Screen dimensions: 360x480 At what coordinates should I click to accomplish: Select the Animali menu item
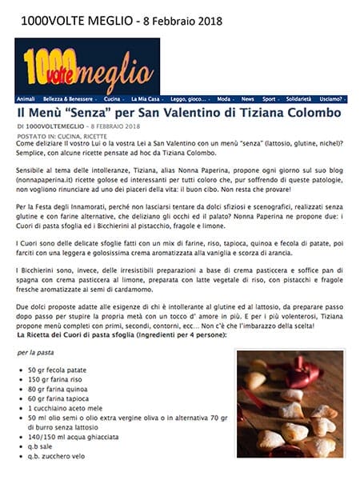(x=26, y=99)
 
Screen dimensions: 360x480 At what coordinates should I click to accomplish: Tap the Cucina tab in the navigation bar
(x=114, y=99)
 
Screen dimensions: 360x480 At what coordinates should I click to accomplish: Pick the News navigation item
(x=249, y=99)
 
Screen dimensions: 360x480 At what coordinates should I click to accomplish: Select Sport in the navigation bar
(x=270, y=99)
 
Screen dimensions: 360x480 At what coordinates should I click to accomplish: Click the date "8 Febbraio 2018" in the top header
(x=177, y=19)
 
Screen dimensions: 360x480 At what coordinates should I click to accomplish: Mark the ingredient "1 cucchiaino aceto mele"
(x=66, y=406)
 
